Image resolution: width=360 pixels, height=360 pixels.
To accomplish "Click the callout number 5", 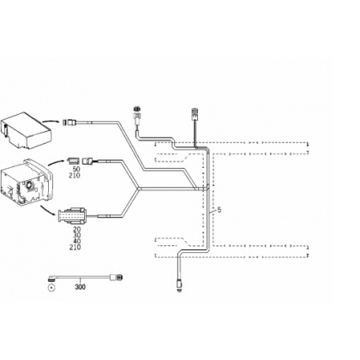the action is pos(219,210).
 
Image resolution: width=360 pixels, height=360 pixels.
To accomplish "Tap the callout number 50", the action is pos(76,170).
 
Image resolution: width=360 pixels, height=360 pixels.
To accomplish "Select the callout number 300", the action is pos(80,287).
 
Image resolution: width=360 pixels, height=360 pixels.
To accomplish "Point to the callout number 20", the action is pos(77,229).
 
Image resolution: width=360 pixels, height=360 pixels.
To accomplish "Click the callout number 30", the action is pos(77,235).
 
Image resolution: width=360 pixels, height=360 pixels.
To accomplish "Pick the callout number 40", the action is pos(77,241).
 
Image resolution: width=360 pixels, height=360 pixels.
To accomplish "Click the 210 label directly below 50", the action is pos(75,176).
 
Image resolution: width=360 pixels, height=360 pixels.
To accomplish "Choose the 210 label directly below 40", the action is pos(75,247).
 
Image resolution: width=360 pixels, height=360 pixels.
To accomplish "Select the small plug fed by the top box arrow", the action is pos(69,123).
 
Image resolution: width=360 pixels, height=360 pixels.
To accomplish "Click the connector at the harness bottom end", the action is pos(179,285).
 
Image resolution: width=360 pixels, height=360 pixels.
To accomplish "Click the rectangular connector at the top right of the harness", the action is pos(195,114).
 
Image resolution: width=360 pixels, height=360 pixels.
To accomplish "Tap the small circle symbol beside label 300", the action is pos(51,287).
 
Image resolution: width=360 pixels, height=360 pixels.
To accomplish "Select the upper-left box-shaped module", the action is pos(26,130).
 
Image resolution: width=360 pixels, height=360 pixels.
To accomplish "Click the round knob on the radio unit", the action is pos(29,185).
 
